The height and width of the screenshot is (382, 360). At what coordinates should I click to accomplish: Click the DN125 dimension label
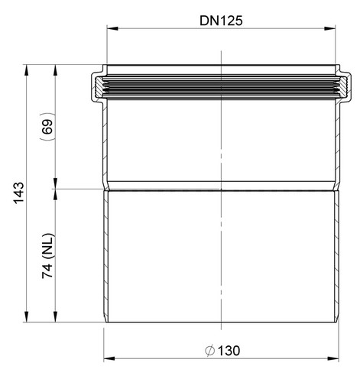pyautogui.click(x=221, y=21)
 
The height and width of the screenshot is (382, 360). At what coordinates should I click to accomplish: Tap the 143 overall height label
pyautogui.click(x=19, y=193)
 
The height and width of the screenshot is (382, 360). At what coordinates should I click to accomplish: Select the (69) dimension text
pyautogui.click(x=47, y=127)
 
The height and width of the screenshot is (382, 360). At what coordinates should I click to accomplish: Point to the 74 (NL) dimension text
pyautogui.click(x=47, y=255)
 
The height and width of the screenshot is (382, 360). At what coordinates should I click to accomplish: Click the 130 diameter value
pyautogui.click(x=229, y=351)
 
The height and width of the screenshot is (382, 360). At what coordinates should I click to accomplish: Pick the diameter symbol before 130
pyautogui.click(x=210, y=351)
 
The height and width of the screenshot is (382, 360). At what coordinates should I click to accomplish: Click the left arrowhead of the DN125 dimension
pyautogui.click(x=112, y=28)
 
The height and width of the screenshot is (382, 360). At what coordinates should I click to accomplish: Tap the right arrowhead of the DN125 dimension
pyautogui.click(x=329, y=28)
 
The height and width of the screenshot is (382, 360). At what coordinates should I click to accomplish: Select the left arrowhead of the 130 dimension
pyautogui.click(x=109, y=358)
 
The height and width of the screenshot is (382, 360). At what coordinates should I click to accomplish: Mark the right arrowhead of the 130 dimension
pyautogui.click(x=333, y=358)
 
